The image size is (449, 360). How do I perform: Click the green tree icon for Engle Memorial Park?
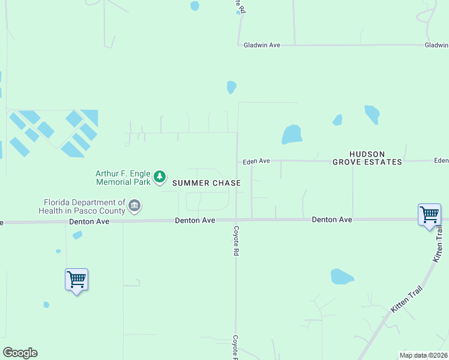tap(159, 176)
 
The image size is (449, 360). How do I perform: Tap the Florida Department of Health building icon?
tap(134, 206)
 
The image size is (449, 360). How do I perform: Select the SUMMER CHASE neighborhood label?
tap(206, 183)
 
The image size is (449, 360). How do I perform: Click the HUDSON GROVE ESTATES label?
tap(367, 158)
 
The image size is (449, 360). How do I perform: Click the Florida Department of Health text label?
tap(82, 206)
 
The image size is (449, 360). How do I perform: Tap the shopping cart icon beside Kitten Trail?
tap(429, 214)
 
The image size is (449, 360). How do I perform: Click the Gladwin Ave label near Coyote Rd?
tap(262, 45)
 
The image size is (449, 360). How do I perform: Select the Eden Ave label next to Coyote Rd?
tap(257, 161)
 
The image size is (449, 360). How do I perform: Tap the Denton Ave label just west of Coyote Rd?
tap(195, 220)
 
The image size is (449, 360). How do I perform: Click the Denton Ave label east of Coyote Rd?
tap(332, 220)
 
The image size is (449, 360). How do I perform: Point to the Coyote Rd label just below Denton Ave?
tap(237, 242)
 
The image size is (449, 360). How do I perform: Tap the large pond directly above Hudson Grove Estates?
tap(292, 134)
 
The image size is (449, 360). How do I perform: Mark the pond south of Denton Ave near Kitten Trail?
tap(342, 277)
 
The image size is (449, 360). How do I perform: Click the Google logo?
tap(20, 353)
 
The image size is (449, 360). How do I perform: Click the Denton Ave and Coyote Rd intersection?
tap(236, 220)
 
